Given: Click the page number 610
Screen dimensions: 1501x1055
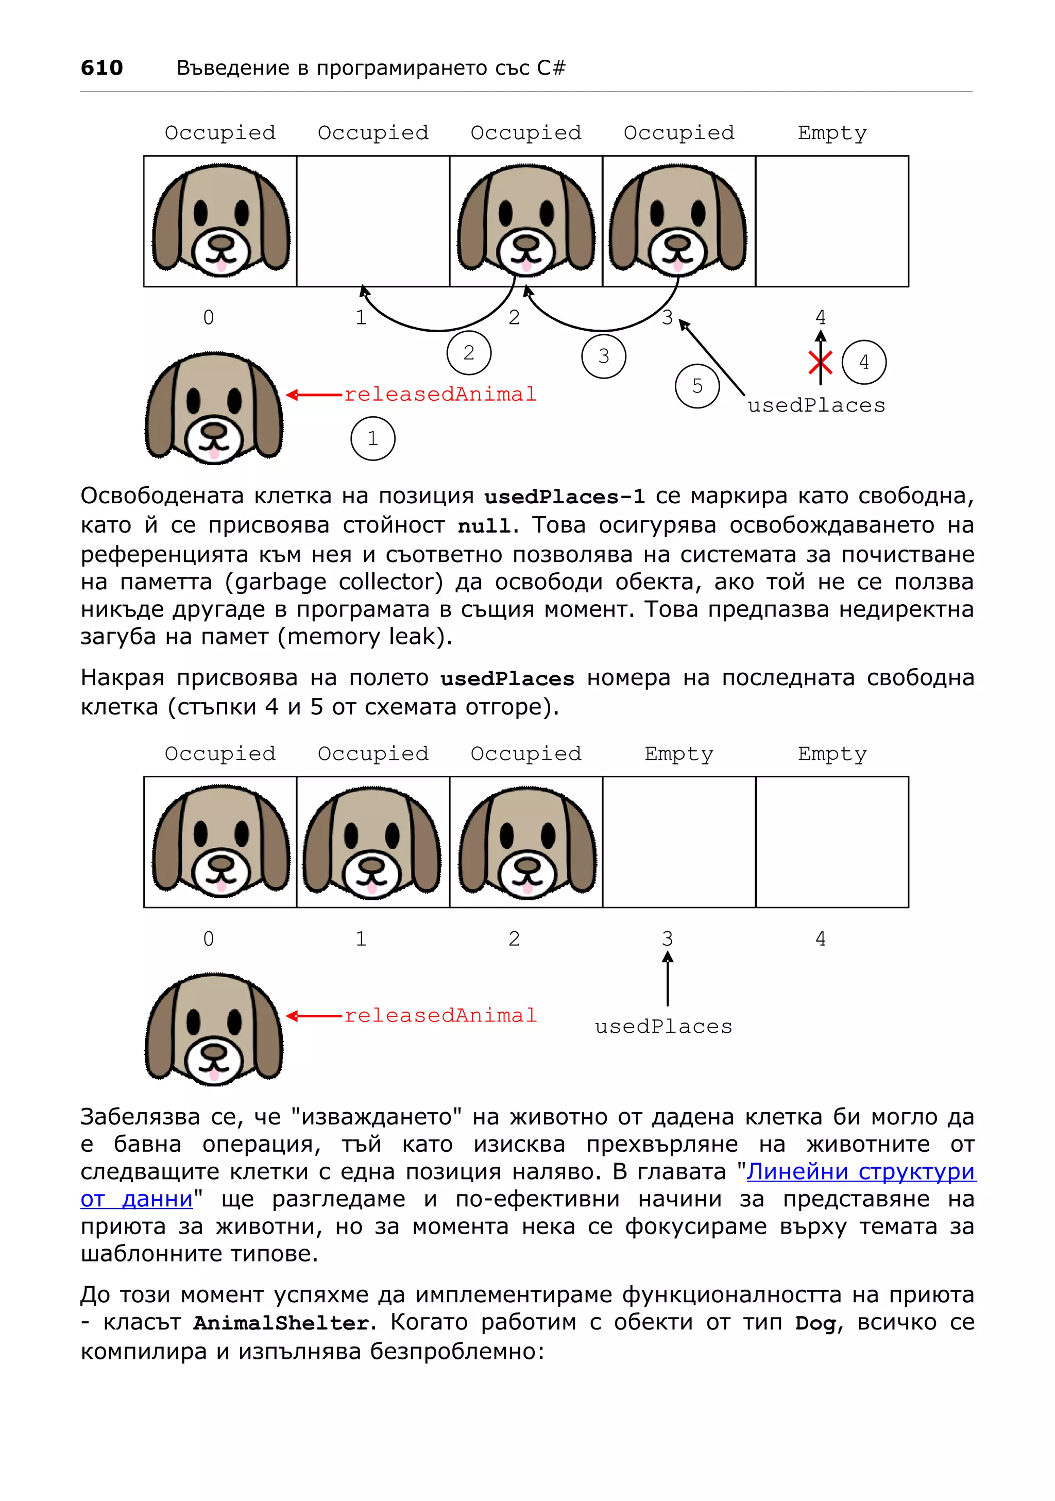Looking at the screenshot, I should click(x=101, y=67).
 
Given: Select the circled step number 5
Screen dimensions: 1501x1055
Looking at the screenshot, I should click(x=697, y=386).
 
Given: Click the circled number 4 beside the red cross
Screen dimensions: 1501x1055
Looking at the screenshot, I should click(x=863, y=362).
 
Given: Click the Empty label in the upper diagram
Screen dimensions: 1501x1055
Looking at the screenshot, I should click(x=831, y=133).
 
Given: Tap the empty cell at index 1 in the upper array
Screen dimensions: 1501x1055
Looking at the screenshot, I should click(x=372, y=221).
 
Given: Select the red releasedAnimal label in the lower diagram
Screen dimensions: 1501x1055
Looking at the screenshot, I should click(x=440, y=1015).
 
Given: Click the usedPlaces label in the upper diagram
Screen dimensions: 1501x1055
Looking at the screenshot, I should click(x=816, y=405).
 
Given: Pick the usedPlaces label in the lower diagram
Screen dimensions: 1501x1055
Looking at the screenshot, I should click(x=663, y=1027).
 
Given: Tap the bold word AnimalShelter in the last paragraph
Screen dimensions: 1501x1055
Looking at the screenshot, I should click(x=281, y=1323).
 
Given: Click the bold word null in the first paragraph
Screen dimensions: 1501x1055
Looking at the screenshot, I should click(x=484, y=525).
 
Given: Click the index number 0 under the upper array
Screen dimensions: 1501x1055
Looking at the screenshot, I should click(x=209, y=318).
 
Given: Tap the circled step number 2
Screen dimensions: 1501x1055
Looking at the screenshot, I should click(x=469, y=353).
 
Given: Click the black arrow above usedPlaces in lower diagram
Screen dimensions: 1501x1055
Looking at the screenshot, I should click(x=668, y=978).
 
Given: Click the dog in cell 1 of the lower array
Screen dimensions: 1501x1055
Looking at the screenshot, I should click(x=372, y=842).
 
